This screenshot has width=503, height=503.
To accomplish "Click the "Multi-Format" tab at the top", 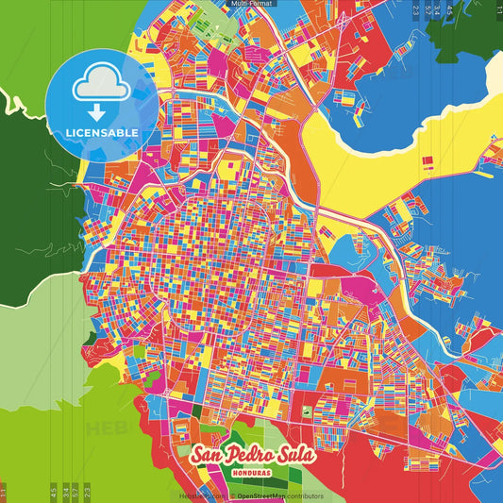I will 251,4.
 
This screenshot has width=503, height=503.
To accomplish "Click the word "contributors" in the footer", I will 303,495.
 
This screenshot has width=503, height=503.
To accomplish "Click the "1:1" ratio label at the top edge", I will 498,9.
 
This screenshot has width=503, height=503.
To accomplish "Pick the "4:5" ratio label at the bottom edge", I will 53,492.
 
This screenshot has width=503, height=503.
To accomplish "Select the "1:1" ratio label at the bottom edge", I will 3,492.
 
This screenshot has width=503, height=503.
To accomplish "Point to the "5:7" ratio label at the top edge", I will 428,9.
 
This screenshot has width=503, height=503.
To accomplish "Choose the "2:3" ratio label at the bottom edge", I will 87,492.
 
